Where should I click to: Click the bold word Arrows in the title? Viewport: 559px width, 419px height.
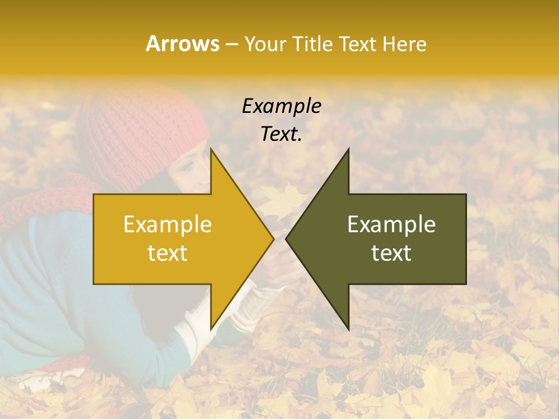click(182, 44)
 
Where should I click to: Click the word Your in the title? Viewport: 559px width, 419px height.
click(266, 44)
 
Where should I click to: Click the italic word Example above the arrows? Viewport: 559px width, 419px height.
click(281, 106)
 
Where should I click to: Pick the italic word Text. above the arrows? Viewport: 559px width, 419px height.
click(281, 134)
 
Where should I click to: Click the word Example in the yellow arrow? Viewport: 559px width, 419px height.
click(168, 225)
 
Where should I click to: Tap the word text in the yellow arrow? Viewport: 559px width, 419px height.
click(168, 253)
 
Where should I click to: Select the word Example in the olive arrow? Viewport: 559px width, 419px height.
click(391, 225)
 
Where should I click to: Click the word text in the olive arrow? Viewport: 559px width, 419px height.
click(391, 253)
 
